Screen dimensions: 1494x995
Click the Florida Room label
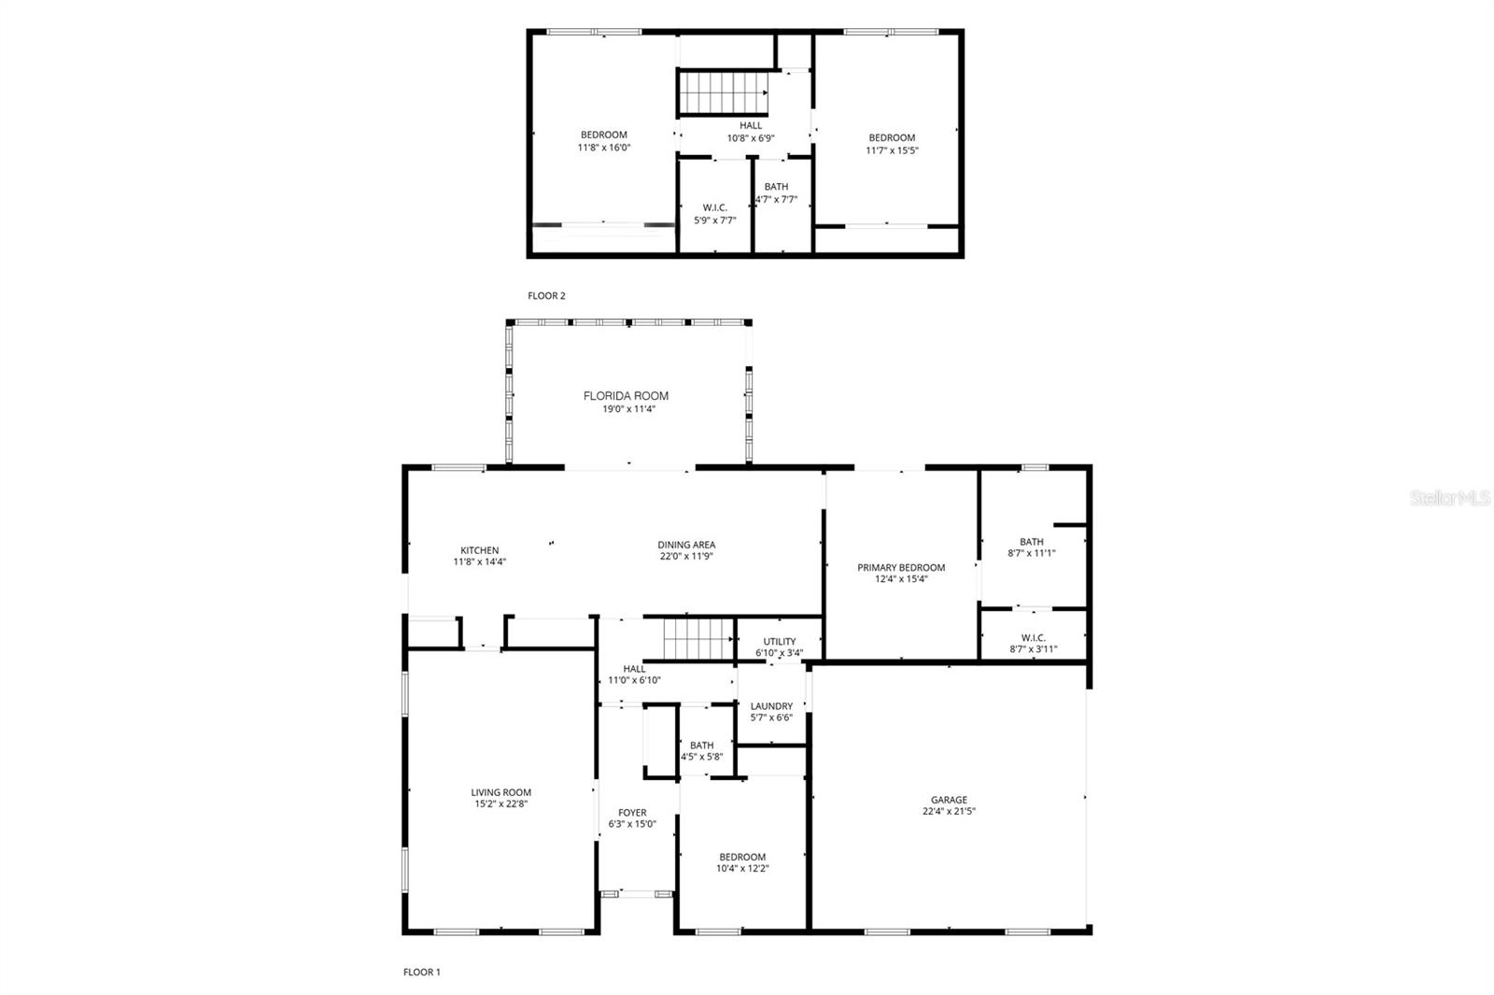[x=626, y=396]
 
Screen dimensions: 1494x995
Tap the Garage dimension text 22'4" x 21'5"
[x=949, y=811]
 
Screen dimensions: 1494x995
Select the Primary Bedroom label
[x=901, y=567]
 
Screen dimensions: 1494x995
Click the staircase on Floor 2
[x=723, y=92]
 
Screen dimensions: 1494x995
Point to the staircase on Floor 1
[x=698, y=639]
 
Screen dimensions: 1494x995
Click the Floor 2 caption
[x=546, y=295]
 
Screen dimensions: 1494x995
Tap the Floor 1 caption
[x=421, y=973]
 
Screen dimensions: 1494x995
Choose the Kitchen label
[x=480, y=550]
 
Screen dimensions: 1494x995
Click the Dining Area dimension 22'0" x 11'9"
[x=686, y=556]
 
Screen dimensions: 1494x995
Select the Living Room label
[x=500, y=792]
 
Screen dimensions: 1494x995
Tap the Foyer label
[x=632, y=812]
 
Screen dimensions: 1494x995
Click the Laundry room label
[x=771, y=706]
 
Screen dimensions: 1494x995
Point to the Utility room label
[x=780, y=641]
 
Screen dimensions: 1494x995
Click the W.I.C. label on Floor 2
[x=715, y=207]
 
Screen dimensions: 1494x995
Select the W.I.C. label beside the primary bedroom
[x=1033, y=637]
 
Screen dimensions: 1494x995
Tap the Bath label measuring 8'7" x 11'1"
[x=1031, y=542]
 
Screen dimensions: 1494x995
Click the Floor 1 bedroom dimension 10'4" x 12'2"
[x=742, y=868]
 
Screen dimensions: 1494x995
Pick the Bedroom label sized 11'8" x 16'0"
[x=603, y=135]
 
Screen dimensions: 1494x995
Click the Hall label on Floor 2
[x=751, y=125]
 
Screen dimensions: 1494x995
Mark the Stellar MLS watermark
[x=1451, y=497]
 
